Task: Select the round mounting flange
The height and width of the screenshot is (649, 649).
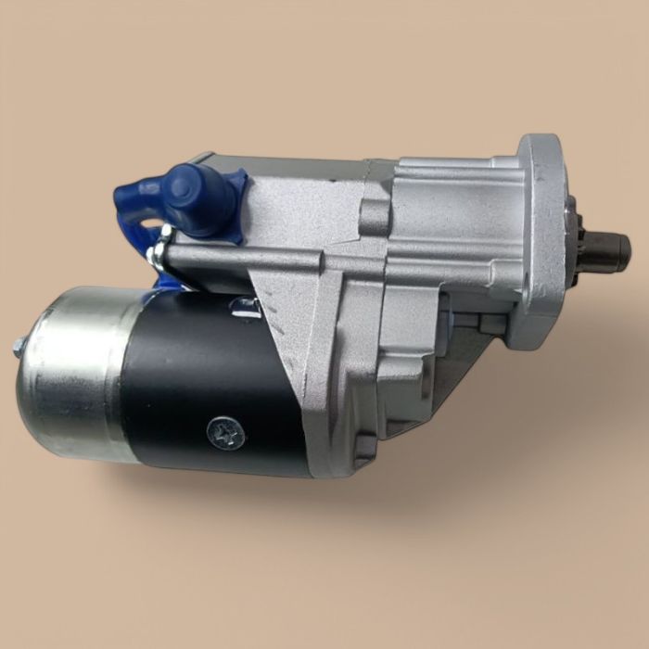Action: coord(541,241)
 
